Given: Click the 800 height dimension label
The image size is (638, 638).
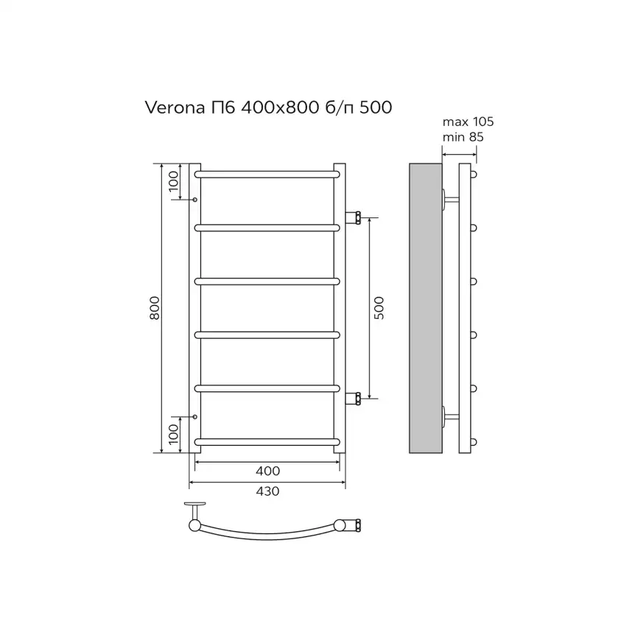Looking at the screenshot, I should tap(155, 307).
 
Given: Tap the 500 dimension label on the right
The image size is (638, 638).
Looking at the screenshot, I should tap(379, 307).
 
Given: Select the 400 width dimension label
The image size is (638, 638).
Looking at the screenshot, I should tap(267, 471).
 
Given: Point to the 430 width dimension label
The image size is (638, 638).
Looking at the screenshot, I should tap(267, 491).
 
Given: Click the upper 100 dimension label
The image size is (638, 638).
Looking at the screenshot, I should tap(174, 181).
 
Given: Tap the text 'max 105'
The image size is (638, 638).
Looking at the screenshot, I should tap(468, 122).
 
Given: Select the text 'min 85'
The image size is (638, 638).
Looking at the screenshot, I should tap(463, 137).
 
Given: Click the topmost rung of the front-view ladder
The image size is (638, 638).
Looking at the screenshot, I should tap(267, 175).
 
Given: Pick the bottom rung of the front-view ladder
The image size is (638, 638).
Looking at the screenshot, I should tap(267, 442).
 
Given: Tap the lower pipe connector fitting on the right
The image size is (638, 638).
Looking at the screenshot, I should tap(354, 399).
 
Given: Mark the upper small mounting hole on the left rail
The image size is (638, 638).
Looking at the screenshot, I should tap(194, 200).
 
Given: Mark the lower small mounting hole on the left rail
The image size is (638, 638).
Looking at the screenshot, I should tap(194, 417).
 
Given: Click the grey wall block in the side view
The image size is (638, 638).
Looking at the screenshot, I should tap(425, 307).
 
